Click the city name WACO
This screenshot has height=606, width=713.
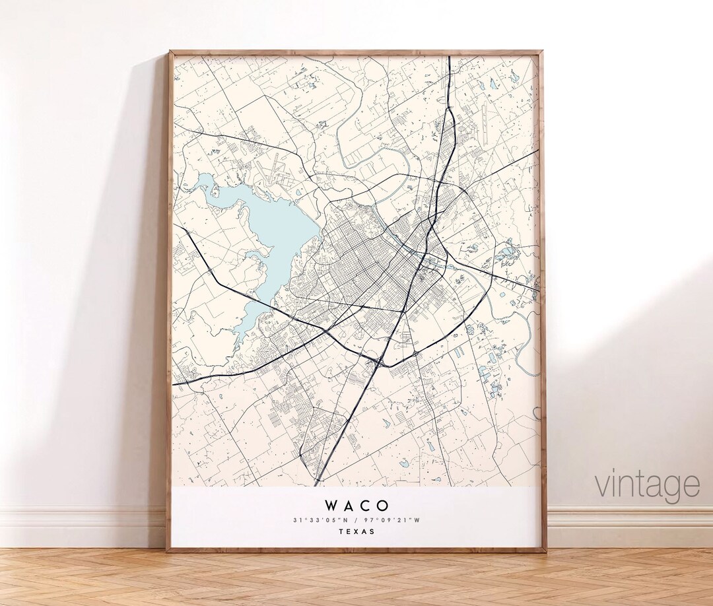(x=356, y=506)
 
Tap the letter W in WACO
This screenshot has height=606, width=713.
(x=332, y=506)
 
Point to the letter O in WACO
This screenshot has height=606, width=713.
(x=382, y=506)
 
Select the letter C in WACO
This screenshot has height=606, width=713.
(x=366, y=506)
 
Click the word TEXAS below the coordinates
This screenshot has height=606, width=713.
(x=356, y=531)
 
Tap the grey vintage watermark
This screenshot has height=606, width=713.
(x=647, y=485)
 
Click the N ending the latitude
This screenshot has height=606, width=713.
(x=349, y=520)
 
